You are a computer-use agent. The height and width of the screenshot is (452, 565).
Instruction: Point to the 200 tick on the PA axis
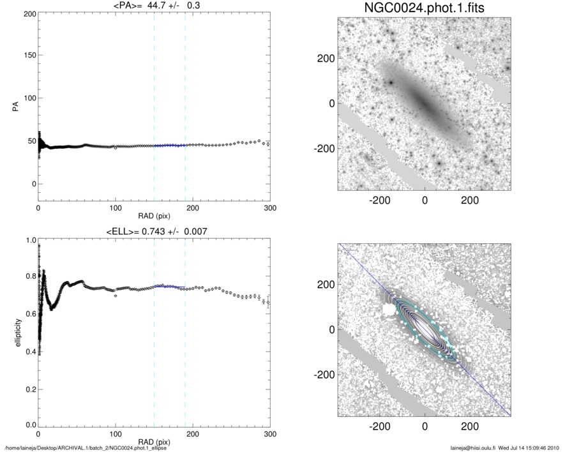(29, 13)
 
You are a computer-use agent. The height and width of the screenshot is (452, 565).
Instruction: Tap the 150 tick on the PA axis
(29, 56)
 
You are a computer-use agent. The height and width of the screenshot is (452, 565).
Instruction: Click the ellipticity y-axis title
(14, 332)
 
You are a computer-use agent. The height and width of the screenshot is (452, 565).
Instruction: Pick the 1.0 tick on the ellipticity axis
(29, 241)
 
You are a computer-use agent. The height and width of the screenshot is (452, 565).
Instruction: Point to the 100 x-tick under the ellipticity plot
(116, 434)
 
